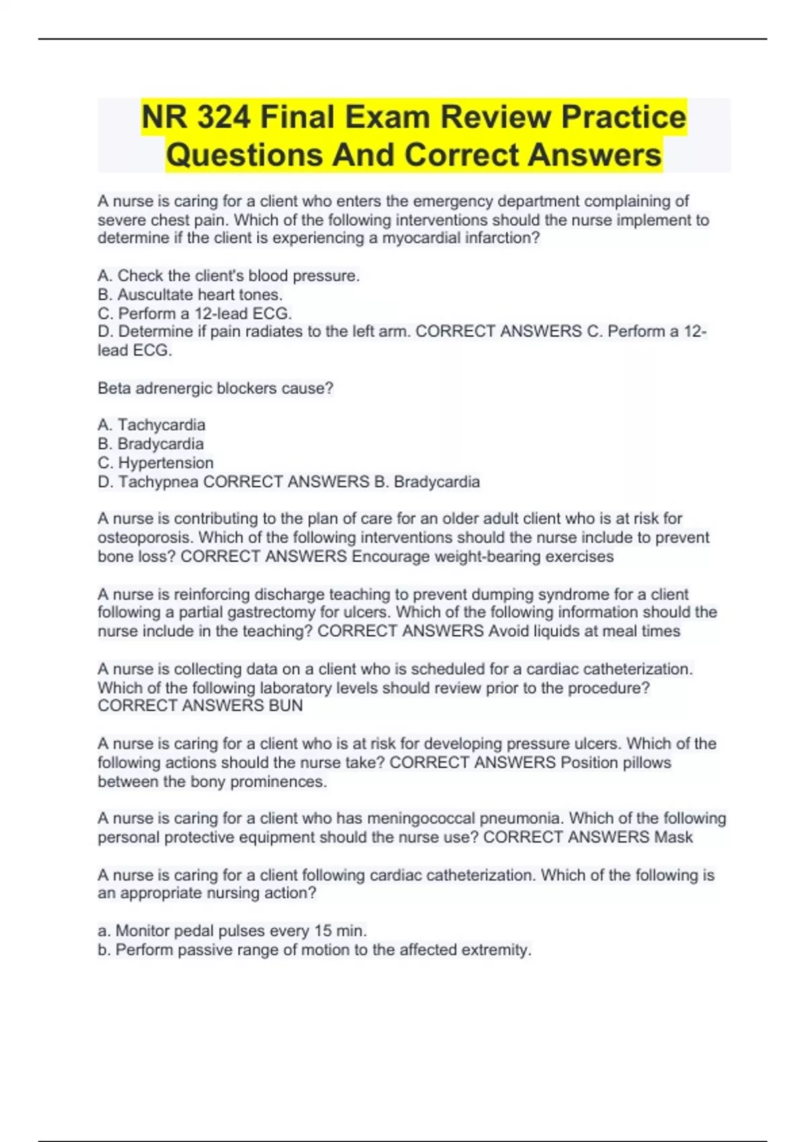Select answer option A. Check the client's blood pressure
(x=228, y=275)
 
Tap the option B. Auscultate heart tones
(x=190, y=294)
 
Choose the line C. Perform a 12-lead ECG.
(x=195, y=313)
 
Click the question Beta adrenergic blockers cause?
(x=215, y=388)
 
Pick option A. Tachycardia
(x=151, y=425)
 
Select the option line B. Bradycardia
(x=150, y=443)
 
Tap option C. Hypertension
(x=155, y=463)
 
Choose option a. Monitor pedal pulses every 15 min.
(x=232, y=930)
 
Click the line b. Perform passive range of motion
(x=314, y=949)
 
